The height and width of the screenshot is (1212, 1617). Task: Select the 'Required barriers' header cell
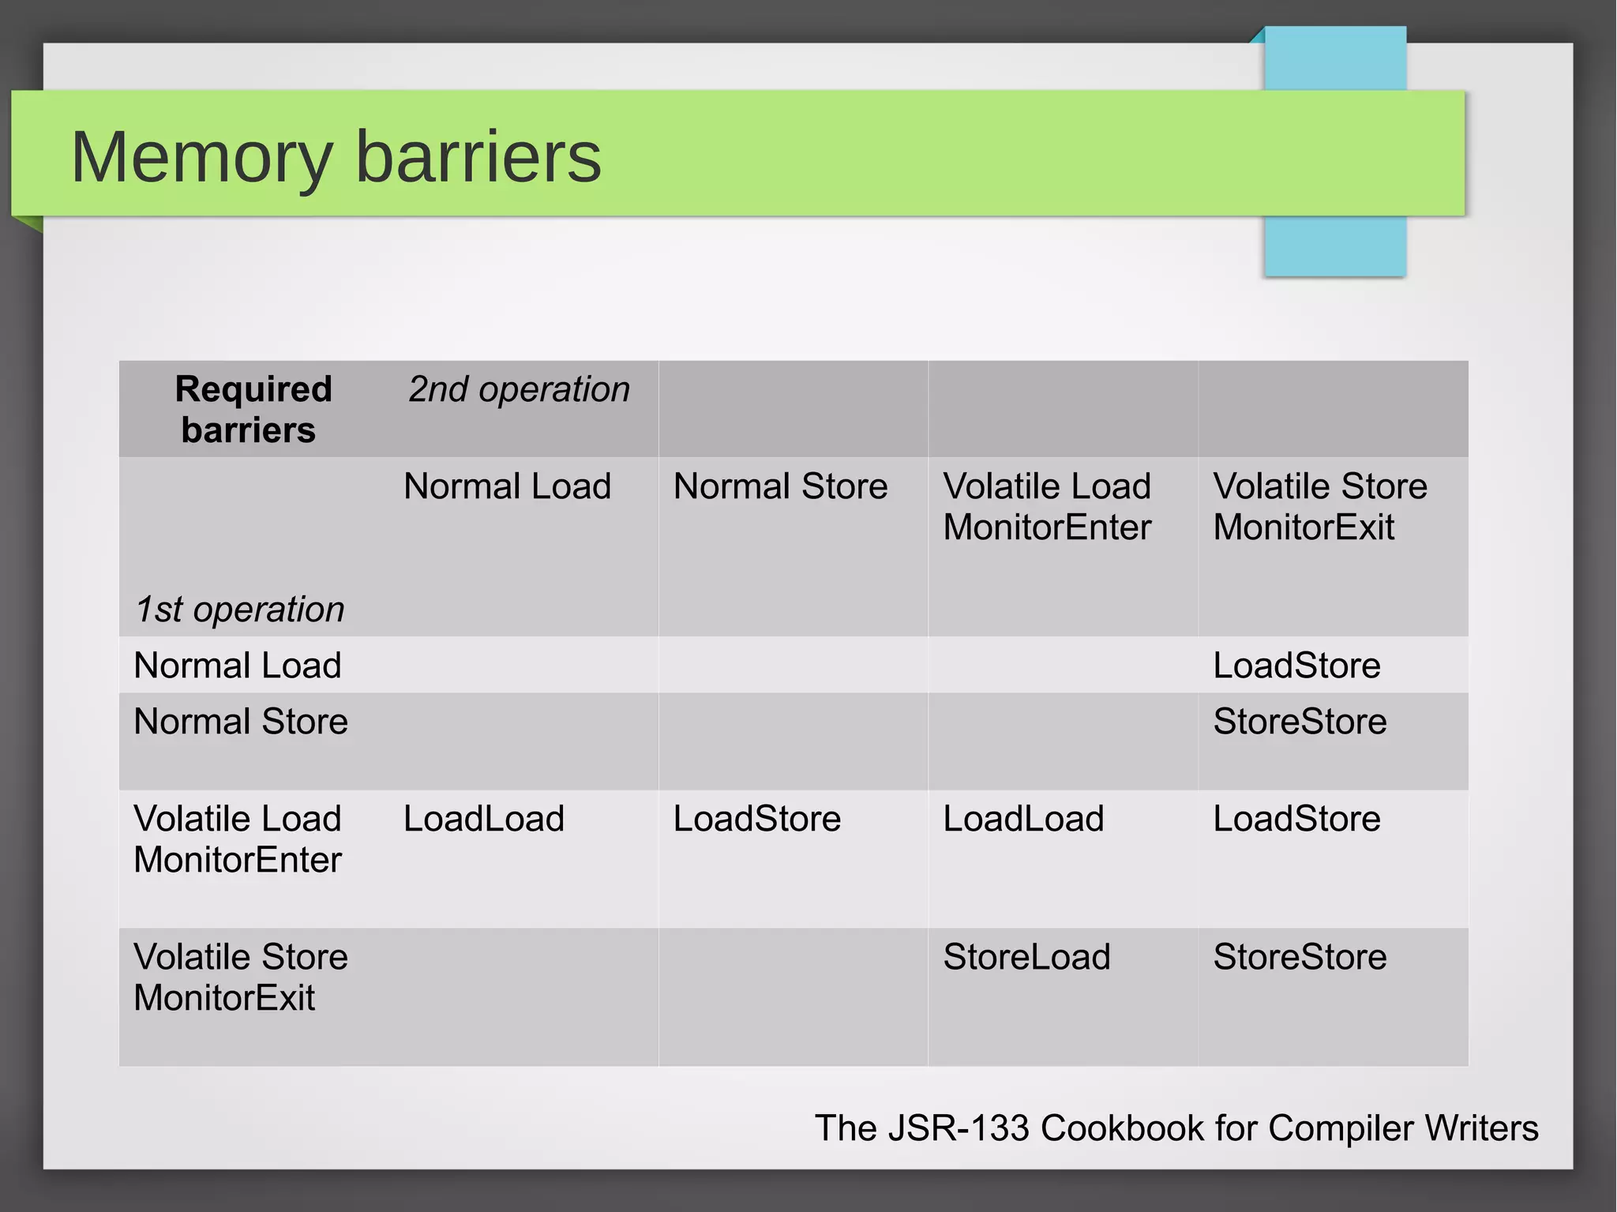point(253,409)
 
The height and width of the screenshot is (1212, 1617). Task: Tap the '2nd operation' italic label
point(519,389)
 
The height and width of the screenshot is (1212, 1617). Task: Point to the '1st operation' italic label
point(239,610)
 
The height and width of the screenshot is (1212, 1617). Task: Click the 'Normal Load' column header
point(507,486)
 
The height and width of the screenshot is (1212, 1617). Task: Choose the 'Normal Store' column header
point(780,486)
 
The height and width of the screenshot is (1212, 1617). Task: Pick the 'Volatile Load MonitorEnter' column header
point(1047,507)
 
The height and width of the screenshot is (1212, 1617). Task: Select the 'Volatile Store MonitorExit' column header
point(1319,507)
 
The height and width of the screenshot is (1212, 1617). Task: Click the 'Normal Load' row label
point(238,666)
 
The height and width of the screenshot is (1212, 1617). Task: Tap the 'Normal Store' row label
point(241,722)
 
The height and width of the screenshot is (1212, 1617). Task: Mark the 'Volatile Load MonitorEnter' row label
point(238,839)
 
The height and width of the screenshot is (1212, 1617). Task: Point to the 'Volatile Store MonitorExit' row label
point(241,977)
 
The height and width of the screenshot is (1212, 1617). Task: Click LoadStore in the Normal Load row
point(1296,666)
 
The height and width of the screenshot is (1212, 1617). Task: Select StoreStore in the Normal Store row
point(1300,722)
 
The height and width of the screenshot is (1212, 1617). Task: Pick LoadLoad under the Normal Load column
point(484,819)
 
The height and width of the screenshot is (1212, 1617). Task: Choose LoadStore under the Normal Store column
point(756,819)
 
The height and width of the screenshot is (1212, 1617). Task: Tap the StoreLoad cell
point(1026,957)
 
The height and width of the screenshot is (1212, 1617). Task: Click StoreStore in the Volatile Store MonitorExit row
point(1300,957)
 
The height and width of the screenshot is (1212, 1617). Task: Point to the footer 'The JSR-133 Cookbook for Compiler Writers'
point(1176,1128)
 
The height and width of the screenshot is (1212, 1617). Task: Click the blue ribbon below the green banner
point(1334,246)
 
